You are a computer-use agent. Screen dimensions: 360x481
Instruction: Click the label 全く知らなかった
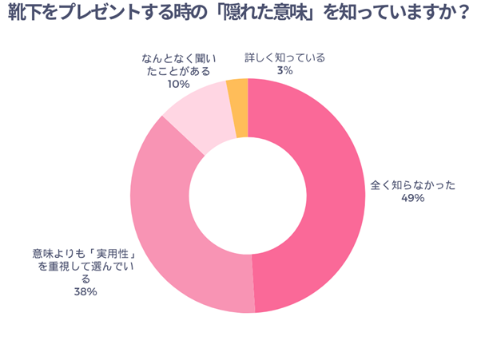tap(412, 185)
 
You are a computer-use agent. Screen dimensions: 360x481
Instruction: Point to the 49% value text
tap(412, 198)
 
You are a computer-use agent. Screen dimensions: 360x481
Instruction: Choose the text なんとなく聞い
tap(178, 58)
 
